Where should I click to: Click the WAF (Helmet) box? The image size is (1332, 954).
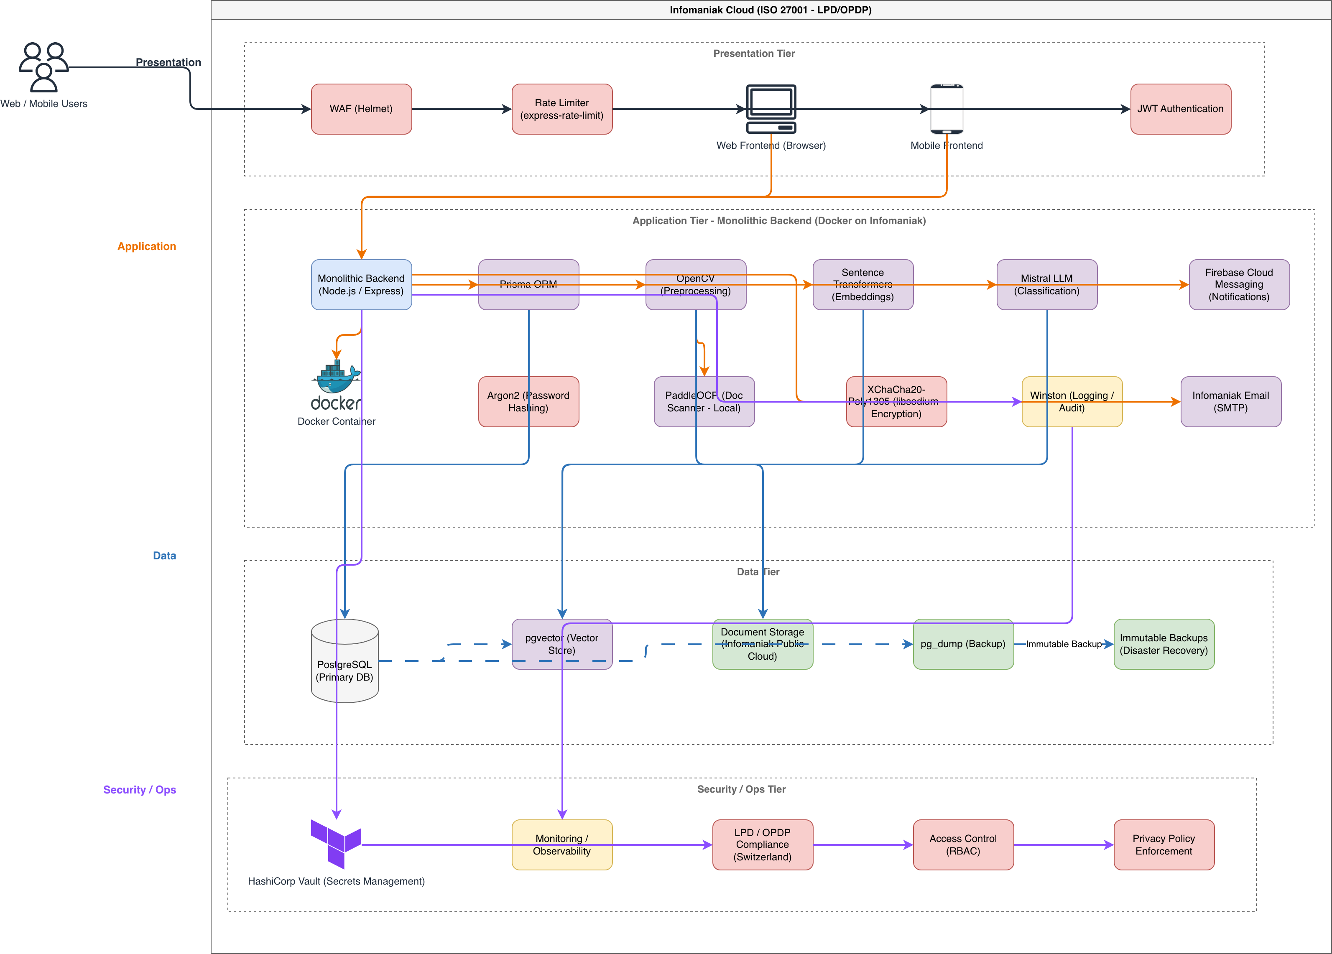[x=361, y=109]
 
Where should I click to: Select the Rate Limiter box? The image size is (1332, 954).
[x=562, y=109]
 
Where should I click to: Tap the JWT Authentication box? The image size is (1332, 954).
[x=1181, y=109]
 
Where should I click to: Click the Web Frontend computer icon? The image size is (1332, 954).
[x=771, y=109]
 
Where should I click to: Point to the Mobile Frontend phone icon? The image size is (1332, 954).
[x=947, y=109]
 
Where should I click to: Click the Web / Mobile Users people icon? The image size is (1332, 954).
[x=44, y=67]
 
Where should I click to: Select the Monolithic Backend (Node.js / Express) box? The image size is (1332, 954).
[x=361, y=284]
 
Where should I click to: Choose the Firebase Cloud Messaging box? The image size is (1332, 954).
[x=1239, y=284]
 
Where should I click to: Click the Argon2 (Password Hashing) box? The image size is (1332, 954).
[x=528, y=402]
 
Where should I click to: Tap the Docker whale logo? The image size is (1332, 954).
[x=336, y=385]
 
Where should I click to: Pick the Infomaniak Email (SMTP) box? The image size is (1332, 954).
[x=1231, y=402]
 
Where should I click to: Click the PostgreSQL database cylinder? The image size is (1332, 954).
[x=345, y=661]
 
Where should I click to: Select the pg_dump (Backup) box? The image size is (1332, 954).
[x=963, y=644]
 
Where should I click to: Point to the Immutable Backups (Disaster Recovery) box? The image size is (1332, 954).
[x=1164, y=644]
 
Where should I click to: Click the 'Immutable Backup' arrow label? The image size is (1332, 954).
[x=1064, y=644]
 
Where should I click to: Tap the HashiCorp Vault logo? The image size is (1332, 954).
[x=336, y=844]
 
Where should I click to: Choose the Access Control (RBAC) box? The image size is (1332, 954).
[x=963, y=845]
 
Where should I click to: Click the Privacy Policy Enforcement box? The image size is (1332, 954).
[x=1164, y=845]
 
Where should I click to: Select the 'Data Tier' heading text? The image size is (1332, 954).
[x=758, y=571]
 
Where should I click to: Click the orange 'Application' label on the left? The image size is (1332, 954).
[x=147, y=246]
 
